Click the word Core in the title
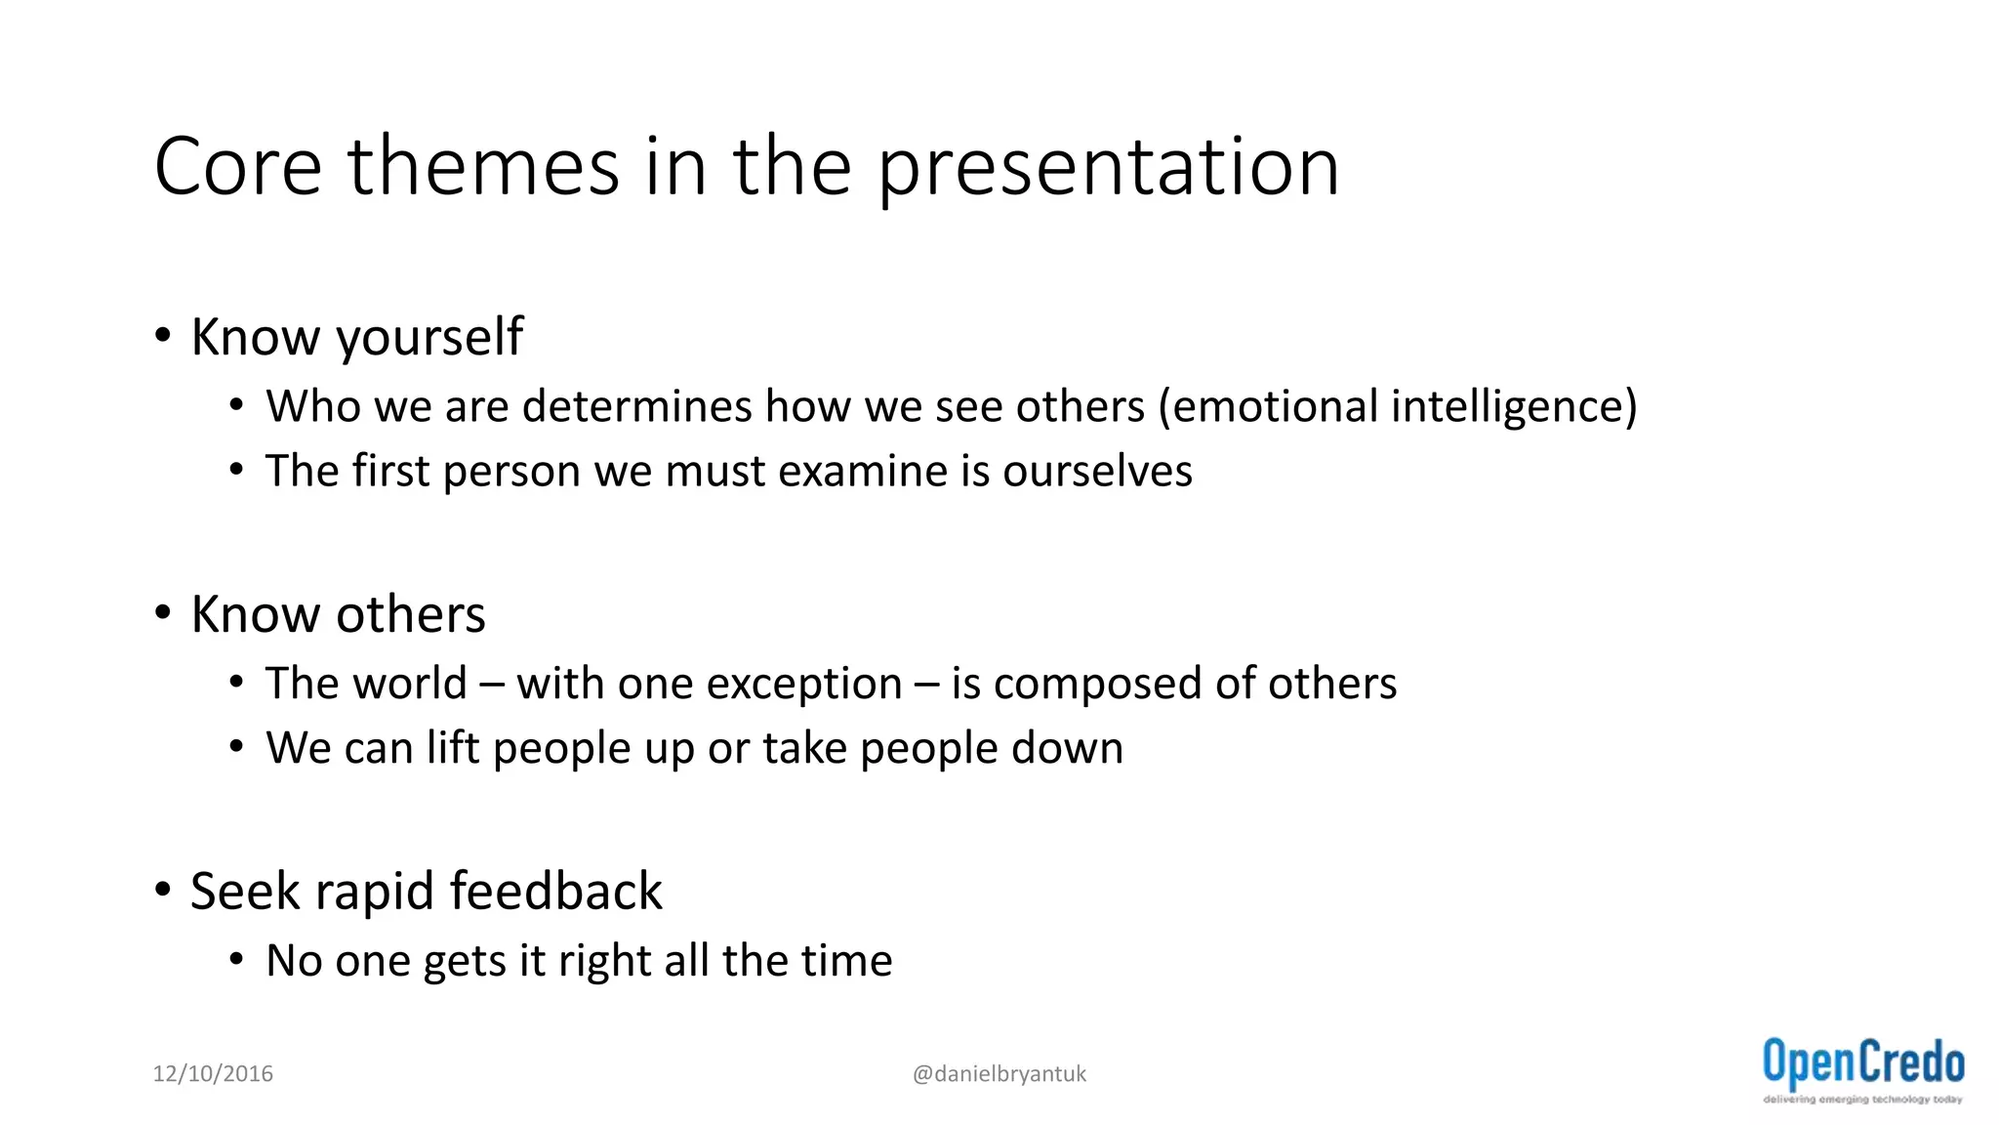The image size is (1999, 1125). pos(237,167)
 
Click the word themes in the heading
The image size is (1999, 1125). pos(483,167)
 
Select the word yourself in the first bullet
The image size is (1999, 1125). pos(429,339)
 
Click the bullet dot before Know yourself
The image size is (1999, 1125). pos(163,336)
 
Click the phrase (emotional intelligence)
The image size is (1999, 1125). pos(1397,407)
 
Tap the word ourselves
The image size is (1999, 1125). pos(1097,471)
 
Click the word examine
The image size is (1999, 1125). pos(862,471)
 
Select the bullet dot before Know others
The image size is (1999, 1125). pos(163,613)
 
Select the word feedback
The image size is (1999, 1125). pos(555,892)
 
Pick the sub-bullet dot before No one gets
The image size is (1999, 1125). pos(236,960)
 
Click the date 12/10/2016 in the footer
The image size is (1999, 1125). pos(213,1074)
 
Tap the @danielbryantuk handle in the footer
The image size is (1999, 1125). pos(999,1074)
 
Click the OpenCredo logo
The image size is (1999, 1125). pos(1862,1069)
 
